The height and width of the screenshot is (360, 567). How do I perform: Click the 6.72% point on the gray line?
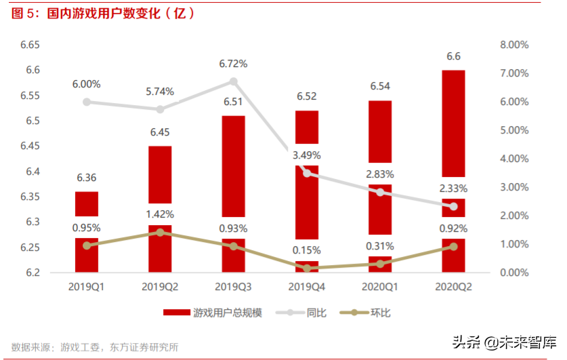point(233,81)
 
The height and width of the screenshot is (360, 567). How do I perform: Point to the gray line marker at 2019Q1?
point(87,102)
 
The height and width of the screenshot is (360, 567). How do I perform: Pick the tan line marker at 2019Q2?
point(160,233)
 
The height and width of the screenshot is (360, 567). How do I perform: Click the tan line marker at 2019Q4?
point(307,268)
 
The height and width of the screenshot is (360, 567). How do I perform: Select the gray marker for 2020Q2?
point(453,206)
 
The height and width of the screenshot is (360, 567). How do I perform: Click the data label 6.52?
point(307,96)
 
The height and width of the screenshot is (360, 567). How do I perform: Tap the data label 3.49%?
point(307,155)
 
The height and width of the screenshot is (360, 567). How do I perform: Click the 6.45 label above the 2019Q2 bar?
point(160,132)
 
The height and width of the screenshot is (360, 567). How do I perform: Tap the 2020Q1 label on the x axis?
point(380,287)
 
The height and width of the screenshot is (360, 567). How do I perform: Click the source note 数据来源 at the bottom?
point(95,347)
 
